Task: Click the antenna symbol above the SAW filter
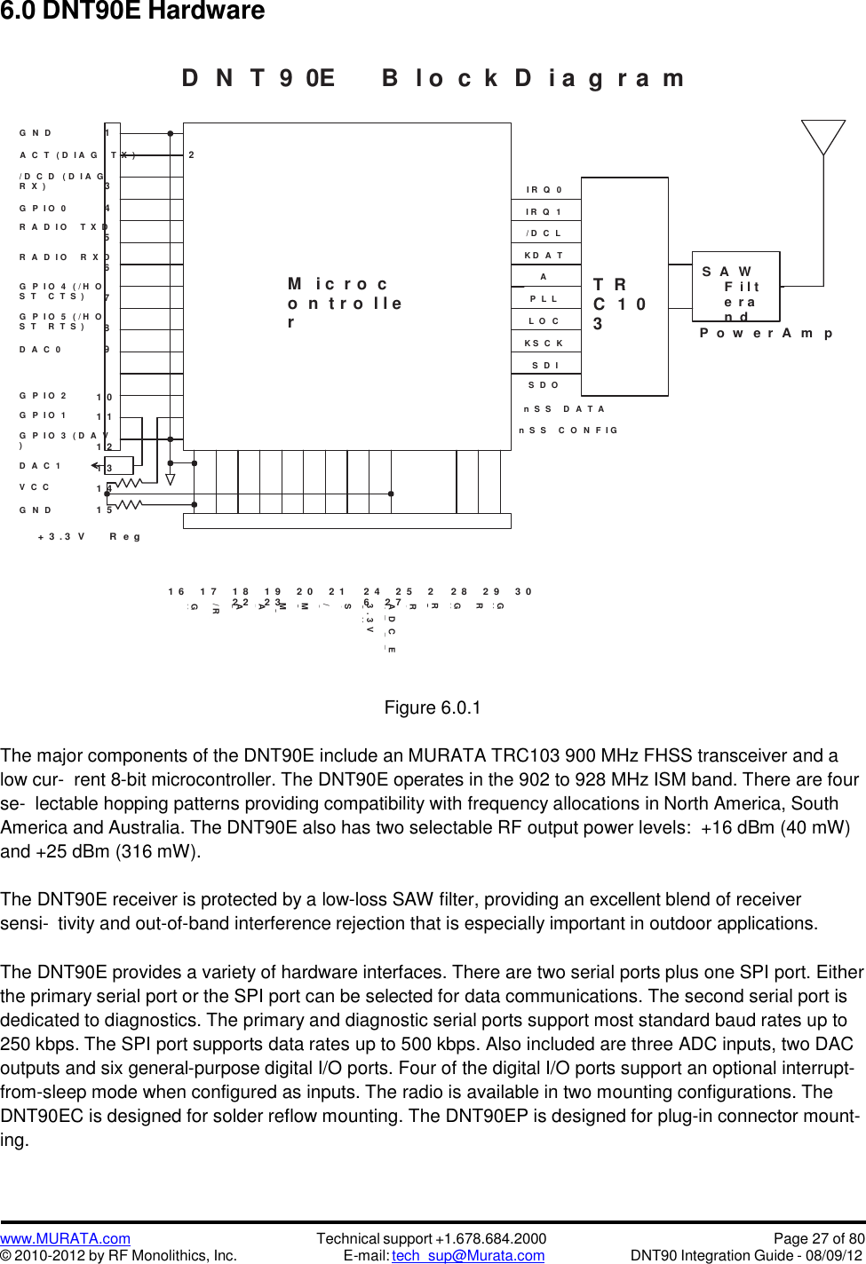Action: point(823,138)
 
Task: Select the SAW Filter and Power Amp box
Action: point(736,287)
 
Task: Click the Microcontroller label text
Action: point(345,303)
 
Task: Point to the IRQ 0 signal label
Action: point(544,190)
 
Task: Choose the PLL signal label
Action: point(544,299)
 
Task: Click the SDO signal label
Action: point(544,385)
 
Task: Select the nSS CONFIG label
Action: point(568,431)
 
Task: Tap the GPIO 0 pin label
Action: point(44,209)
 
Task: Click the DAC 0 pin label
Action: point(41,350)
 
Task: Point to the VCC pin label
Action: point(35,487)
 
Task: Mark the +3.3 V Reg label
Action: point(89,537)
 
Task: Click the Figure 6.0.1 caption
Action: point(433,707)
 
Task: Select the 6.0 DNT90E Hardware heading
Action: point(132,12)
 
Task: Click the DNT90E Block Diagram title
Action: point(433,78)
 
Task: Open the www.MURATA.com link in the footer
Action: point(65,1238)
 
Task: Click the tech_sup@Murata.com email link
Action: point(468,1255)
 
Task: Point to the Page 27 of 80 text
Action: point(818,1238)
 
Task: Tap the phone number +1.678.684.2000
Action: point(490,1238)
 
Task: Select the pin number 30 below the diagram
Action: point(523,592)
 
